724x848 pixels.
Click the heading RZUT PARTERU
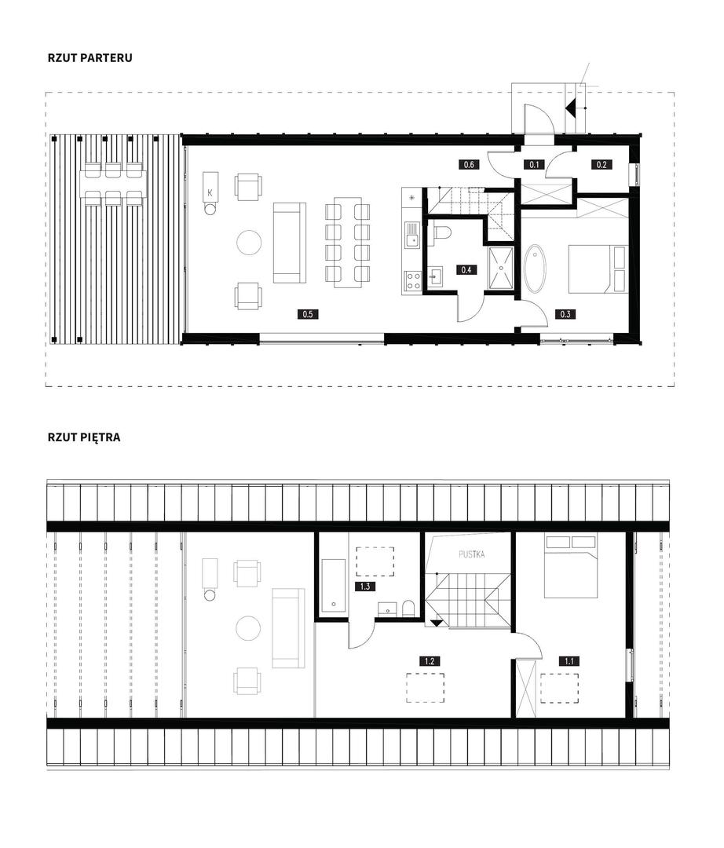tap(90, 58)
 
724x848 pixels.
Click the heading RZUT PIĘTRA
tap(84, 437)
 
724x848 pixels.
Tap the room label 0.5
tap(308, 313)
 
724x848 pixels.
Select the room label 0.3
tap(565, 313)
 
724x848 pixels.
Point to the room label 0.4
tap(466, 270)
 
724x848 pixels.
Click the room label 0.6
tap(469, 164)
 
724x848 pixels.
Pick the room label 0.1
tap(534, 164)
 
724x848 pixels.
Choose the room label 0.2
tap(602, 164)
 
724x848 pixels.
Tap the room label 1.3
tap(365, 587)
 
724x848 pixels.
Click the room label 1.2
tap(430, 661)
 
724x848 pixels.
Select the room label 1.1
tap(569, 661)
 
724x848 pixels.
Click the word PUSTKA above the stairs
tap(471, 554)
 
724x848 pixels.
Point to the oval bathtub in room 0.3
tap(536, 269)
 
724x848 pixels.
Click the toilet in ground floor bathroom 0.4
tap(443, 232)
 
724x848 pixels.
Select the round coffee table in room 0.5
tap(249, 243)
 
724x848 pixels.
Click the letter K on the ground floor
tap(210, 192)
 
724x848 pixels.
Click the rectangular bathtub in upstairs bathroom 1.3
tap(333, 587)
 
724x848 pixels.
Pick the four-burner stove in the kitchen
tap(413, 280)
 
